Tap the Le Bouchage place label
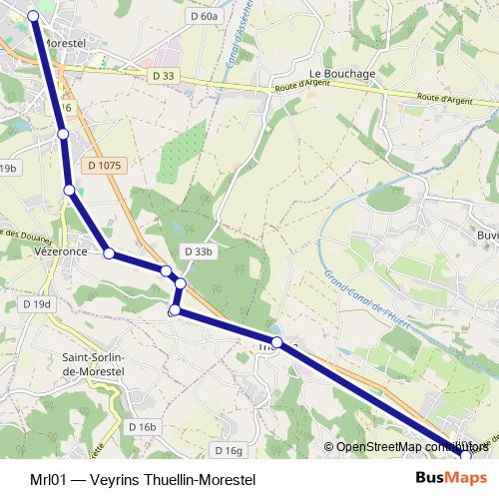342,74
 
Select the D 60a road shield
203,16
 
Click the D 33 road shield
164,76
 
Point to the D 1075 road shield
104,166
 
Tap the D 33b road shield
198,251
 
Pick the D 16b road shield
143,426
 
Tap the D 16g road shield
229,451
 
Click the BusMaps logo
451,479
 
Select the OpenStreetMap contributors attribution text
411,447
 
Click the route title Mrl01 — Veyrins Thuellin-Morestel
143,480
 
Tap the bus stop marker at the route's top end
33,15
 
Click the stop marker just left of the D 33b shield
166,270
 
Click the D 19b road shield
9,169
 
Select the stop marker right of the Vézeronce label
109,253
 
